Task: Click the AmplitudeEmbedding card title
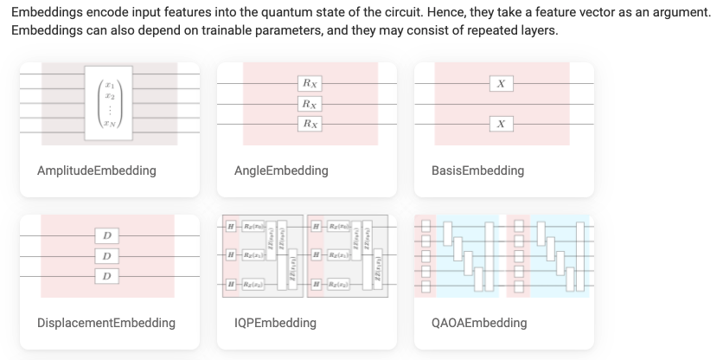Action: pyautogui.click(x=96, y=170)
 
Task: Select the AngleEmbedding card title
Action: pyautogui.click(x=281, y=170)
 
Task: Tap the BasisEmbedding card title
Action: pyautogui.click(x=477, y=170)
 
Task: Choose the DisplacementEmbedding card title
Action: pyautogui.click(x=106, y=323)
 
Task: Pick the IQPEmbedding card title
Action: pyautogui.click(x=275, y=323)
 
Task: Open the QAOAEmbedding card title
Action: pyautogui.click(x=478, y=323)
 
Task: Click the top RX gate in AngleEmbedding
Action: pyautogui.click(x=309, y=84)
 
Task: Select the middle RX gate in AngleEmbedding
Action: pyautogui.click(x=309, y=104)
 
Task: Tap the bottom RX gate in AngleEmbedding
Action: pyautogui.click(x=309, y=124)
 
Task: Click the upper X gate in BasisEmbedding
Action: pyautogui.click(x=501, y=84)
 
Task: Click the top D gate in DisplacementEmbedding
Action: pyautogui.click(x=106, y=235)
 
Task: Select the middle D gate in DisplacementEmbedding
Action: pyautogui.click(x=106, y=256)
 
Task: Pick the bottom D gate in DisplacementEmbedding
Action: pyautogui.click(x=106, y=276)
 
